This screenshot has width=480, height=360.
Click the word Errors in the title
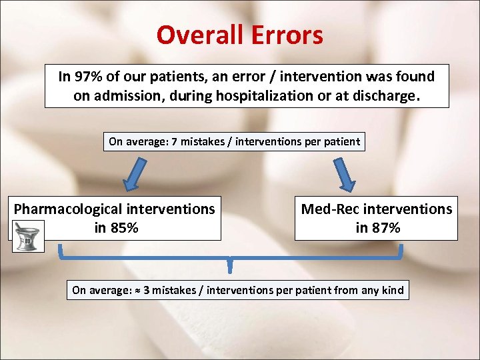[x=288, y=35]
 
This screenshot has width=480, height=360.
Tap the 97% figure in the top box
[x=87, y=77]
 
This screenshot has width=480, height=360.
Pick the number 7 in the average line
[x=175, y=141]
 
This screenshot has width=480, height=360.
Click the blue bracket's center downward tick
[x=230, y=265]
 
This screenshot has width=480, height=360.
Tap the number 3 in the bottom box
[x=146, y=290]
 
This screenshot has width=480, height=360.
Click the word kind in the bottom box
[x=392, y=290]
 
